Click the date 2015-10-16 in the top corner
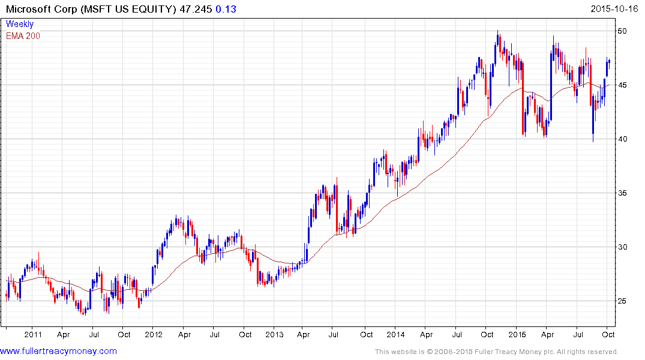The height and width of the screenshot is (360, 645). [616, 10]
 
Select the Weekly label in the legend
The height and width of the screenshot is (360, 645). [20, 24]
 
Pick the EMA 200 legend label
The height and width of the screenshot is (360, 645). [23, 35]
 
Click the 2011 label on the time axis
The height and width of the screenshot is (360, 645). [33, 334]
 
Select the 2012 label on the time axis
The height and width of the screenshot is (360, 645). [154, 334]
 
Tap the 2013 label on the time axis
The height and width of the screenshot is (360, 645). [274, 334]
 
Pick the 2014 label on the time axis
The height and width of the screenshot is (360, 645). [395, 334]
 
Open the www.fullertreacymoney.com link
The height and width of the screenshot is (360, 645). [58, 351]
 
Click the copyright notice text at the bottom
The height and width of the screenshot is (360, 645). [496, 352]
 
